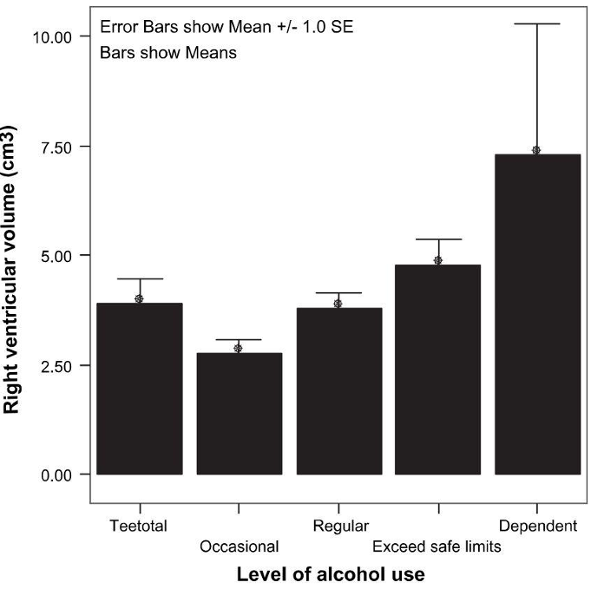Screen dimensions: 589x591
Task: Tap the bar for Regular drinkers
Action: point(338,391)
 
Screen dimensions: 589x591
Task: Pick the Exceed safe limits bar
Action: point(438,370)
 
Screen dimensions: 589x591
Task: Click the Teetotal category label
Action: point(139,526)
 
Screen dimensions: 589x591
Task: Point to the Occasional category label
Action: point(239,547)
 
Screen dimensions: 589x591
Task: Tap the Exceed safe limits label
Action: point(437,547)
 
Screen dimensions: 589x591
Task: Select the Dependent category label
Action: point(538,526)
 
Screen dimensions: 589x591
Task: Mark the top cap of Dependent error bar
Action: point(537,24)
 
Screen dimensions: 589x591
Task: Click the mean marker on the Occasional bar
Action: point(239,348)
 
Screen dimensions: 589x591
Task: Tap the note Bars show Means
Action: point(168,53)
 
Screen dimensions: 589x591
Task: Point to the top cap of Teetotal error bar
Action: point(139,279)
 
